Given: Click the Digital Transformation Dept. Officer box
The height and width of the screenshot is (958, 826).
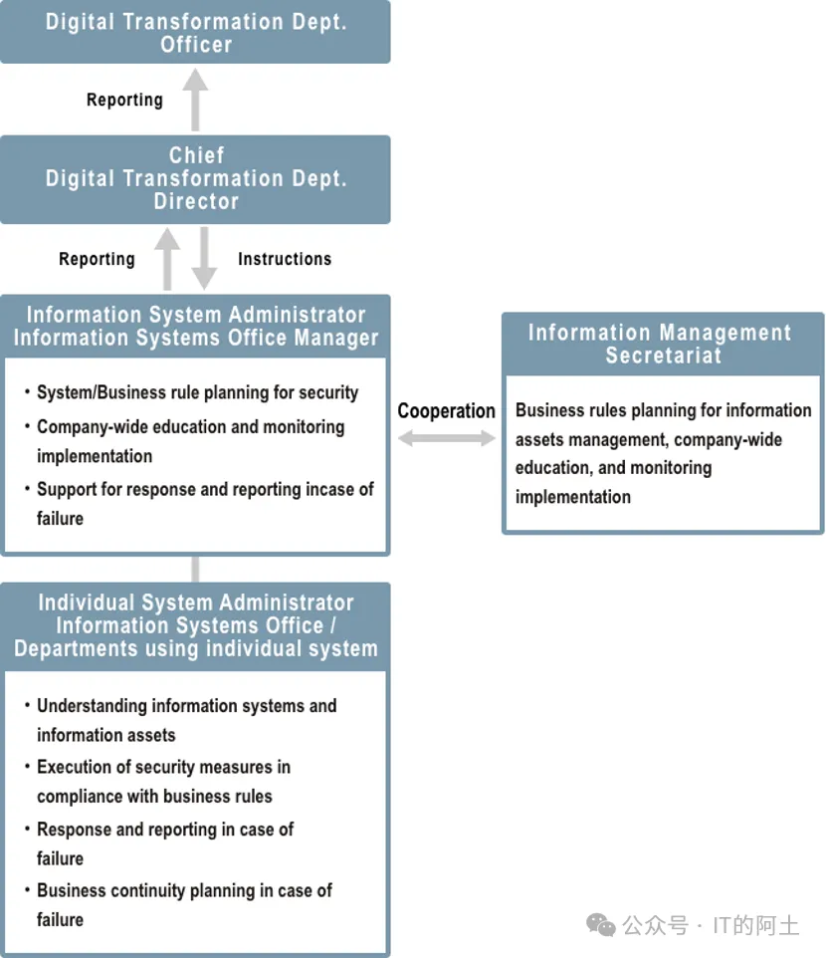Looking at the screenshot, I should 195,32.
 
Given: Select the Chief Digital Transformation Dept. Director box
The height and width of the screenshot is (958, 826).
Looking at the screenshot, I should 195,178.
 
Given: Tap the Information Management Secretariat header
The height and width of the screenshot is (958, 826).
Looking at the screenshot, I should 663,344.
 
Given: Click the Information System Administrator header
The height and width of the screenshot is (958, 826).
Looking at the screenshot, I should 195,326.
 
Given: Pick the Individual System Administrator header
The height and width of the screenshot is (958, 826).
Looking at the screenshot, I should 195,625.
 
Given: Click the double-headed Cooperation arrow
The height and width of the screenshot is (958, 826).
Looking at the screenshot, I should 447,438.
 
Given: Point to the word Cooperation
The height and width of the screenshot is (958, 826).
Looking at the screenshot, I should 446,410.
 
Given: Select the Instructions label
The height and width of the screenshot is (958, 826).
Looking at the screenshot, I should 284,259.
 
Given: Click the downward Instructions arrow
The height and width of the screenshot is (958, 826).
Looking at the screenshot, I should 204,258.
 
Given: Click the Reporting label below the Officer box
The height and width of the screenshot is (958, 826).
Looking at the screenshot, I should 124,100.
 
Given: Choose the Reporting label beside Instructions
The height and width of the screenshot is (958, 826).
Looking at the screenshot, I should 97,259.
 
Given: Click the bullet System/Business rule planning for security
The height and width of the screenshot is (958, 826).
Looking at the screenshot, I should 197,392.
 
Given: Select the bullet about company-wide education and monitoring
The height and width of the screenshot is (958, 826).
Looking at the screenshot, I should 190,441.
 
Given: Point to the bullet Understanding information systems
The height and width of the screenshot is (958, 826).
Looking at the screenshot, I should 186,720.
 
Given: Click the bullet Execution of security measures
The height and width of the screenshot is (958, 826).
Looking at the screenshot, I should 163,781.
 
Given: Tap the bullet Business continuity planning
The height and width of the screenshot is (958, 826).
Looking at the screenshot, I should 184,904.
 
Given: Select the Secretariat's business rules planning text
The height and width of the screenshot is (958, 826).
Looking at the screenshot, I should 663,453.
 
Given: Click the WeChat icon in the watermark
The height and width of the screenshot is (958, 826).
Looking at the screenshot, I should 601,925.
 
